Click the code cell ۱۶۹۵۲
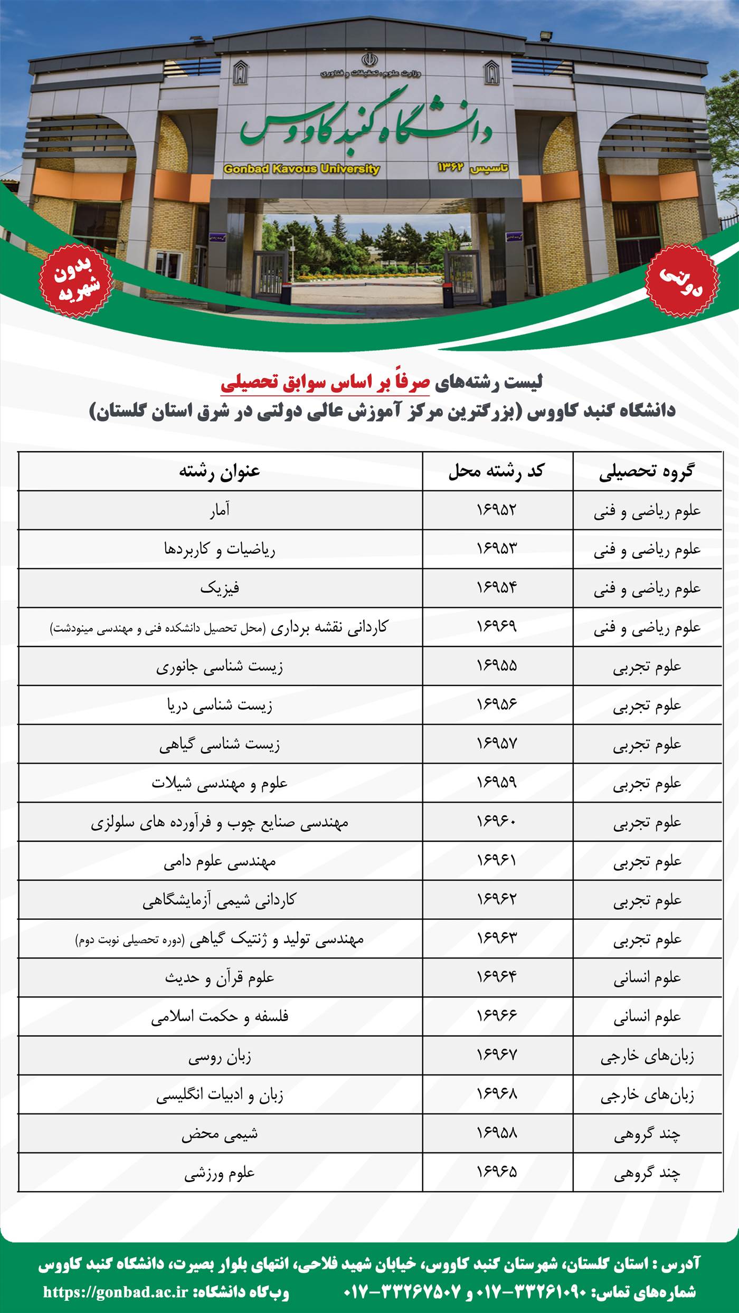click(497, 510)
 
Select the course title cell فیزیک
click(220, 587)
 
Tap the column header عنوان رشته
click(220, 471)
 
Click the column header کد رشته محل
click(497, 471)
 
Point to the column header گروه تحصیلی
click(647, 471)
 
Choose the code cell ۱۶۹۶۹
click(497, 626)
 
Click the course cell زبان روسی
click(220, 1057)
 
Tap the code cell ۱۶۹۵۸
click(497, 1134)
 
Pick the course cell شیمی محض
click(220, 1134)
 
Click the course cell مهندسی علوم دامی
click(220, 861)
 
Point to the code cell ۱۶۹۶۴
click(497, 978)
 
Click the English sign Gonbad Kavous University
click(301, 169)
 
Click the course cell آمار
click(220, 510)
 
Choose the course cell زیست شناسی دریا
click(220, 705)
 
